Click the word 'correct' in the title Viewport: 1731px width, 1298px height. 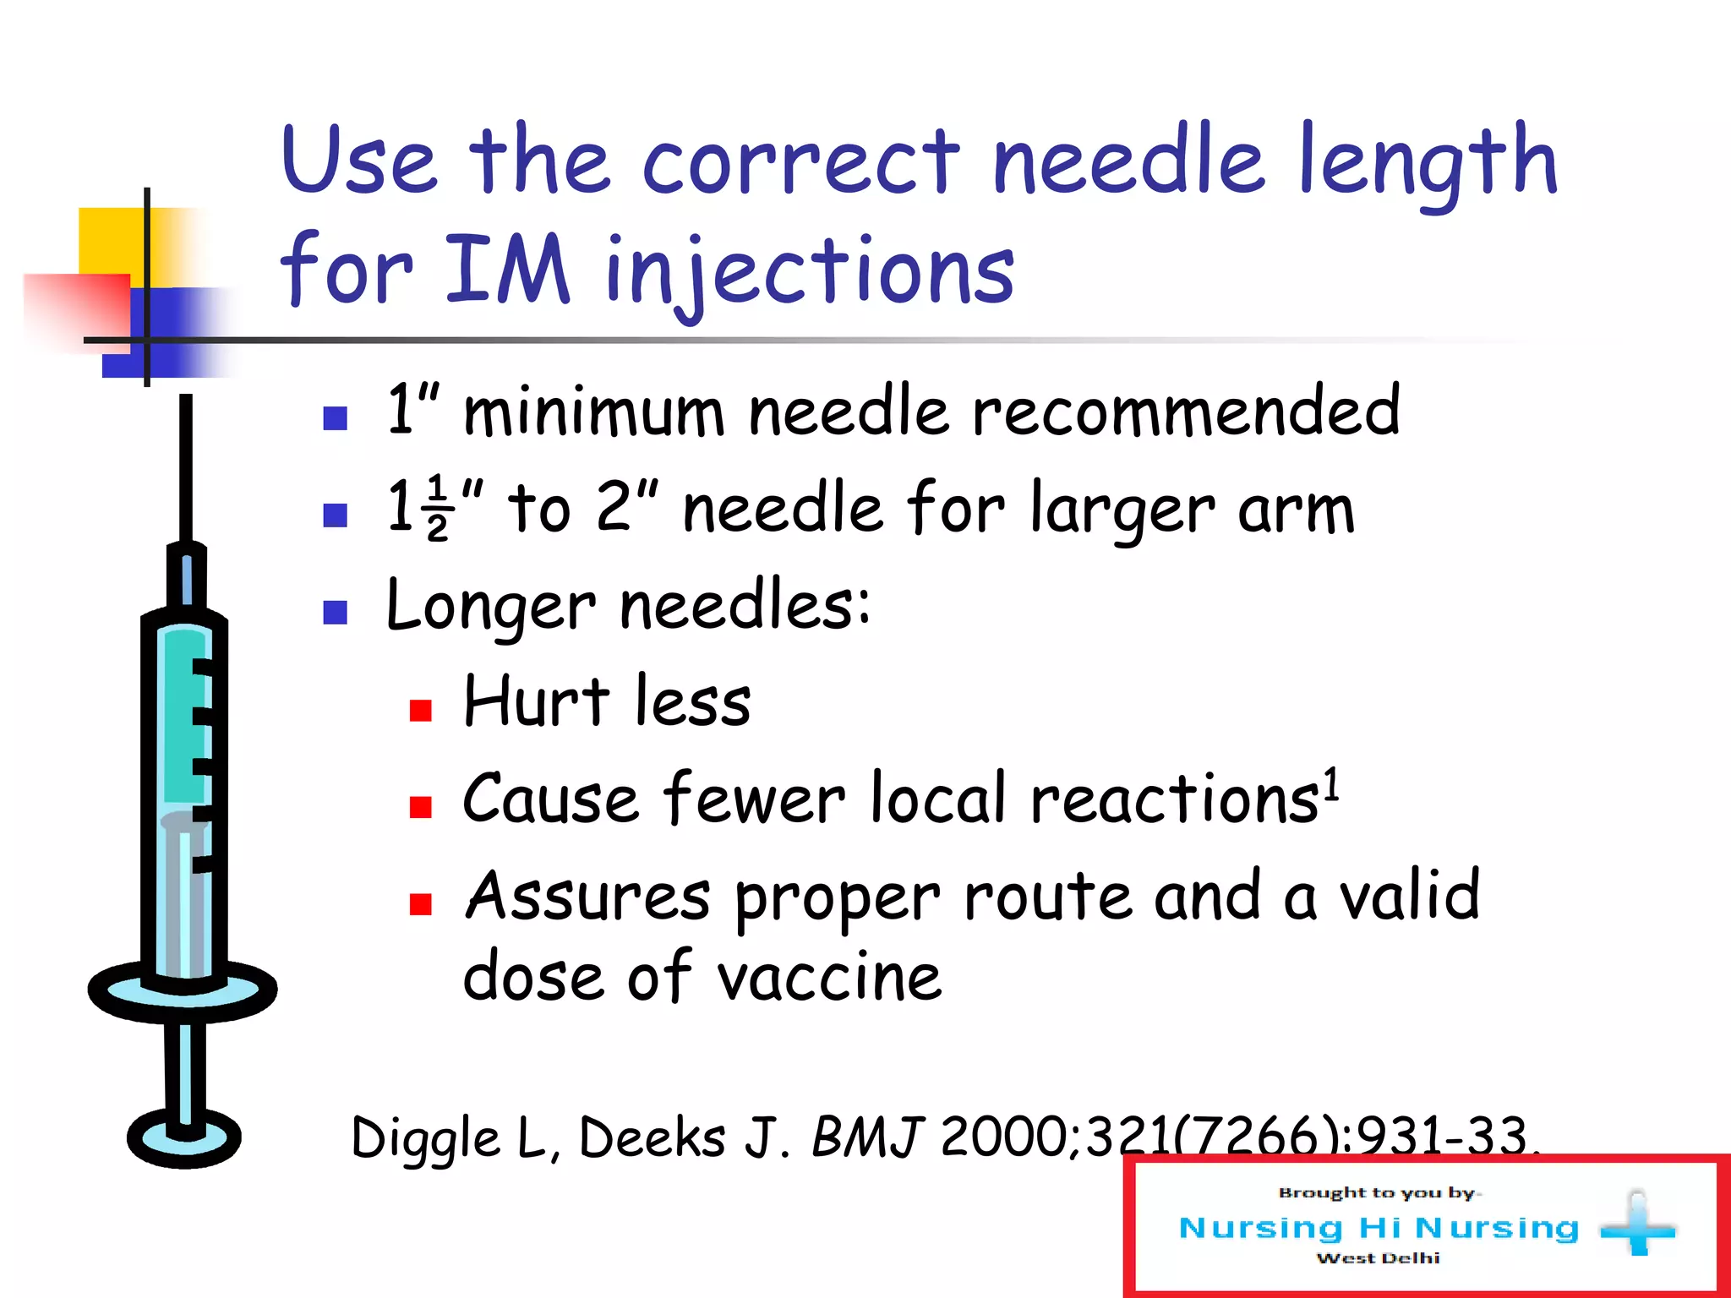[x=800, y=161]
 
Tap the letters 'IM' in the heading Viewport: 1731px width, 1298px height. [x=507, y=269]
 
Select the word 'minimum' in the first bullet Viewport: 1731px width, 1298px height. [x=593, y=412]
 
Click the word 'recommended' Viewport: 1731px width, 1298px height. [x=1185, y=411]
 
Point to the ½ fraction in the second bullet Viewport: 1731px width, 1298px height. [x=438, y=507]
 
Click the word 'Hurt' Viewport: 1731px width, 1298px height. [x=536, y=701]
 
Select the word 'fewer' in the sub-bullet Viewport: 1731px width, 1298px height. [x=754, y=799]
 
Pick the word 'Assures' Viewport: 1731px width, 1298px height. [x=588, y=897]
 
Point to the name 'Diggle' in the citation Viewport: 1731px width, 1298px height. [x=425, y=1137]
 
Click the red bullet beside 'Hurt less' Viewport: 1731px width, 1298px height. [x=420, y=709]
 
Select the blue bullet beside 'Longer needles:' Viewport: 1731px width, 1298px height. [x=336, y=613]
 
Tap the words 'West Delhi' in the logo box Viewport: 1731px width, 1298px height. [x=1378, y=1258]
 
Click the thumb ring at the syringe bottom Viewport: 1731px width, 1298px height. [x=184, y=1139]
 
